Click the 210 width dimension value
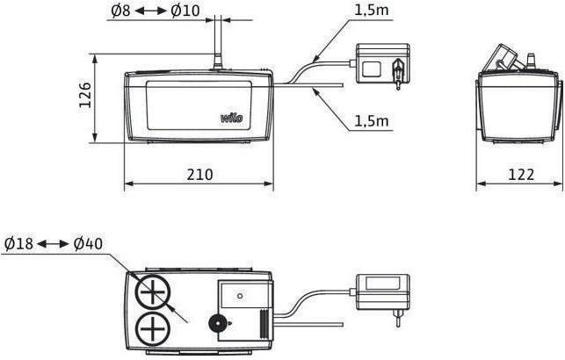(x=200, y=174)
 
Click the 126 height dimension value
(x=85, y=96)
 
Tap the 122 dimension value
(x=521, y=174)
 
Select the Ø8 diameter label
(x=120, y=11)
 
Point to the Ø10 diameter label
(x=185, y=11)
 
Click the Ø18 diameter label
(x=18, y=244)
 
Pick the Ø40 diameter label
(x=88, y=244)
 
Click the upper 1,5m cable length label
(x=372, y=10)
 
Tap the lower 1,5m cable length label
(x=372, y=121)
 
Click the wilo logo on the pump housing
(x=232, y=118)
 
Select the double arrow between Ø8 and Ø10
(x=150, y=11)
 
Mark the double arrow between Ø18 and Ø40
(x=53, y=244)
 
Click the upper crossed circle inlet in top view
(x=153, y=292)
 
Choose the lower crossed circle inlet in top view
(x=153, y=329)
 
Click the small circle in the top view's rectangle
(x=241, y=296)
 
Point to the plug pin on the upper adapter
(x=398, y=74)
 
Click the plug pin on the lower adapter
(x=398, y=316)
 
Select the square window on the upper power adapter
(x=372, y=68)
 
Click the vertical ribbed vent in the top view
(x=264, y=324)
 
